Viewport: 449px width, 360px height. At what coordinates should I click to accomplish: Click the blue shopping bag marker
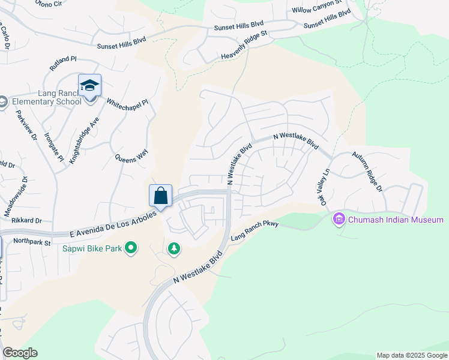[x=160, y=196]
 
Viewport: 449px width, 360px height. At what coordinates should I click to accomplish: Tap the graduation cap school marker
[x=89, y=86]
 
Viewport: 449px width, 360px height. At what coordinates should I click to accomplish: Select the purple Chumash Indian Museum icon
[x=340, y=220]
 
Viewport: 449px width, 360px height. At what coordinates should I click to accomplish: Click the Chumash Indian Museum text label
[x=396, y=220]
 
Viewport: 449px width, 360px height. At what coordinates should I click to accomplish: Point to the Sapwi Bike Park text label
[x=92, y=248]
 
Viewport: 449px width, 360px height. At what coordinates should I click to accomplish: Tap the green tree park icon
[x=174, y=248]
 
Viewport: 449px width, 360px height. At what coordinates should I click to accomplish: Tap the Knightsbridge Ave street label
[x=83, y=140]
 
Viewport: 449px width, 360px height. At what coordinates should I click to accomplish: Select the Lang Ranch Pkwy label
[x=255, y=229]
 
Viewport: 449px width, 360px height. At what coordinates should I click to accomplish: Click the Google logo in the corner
[x=20, y=353]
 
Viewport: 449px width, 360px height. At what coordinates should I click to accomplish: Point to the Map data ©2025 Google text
[x=411, y=355]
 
